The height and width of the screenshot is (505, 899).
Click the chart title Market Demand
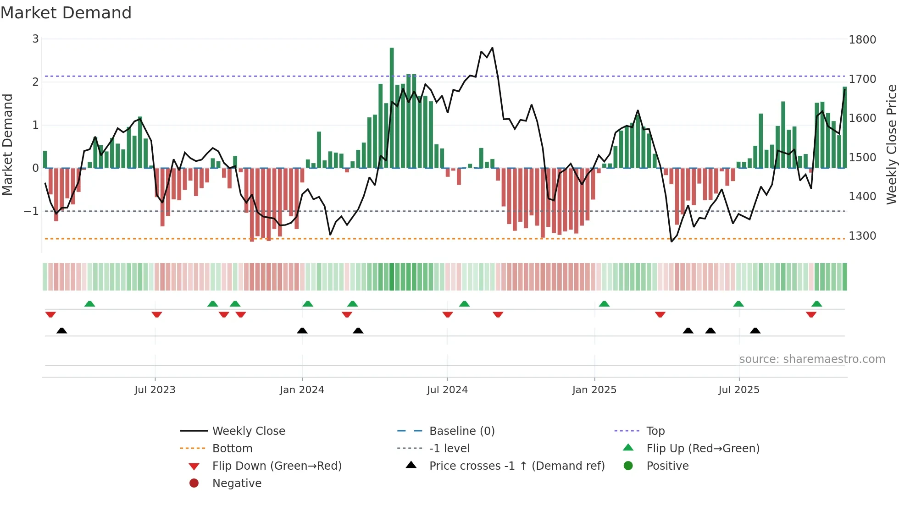pos(66,12)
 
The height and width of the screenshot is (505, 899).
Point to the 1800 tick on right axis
pos(862,40)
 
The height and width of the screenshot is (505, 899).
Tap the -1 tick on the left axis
pos(31,211)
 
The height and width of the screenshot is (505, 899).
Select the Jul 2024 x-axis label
pos(447,390)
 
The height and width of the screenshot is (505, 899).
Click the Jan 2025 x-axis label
pos(594,390)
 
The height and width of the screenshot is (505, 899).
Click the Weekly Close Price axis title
pos(891,144)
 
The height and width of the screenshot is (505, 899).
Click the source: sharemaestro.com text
pos(812,359)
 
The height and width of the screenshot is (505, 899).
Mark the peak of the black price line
pos(492,48)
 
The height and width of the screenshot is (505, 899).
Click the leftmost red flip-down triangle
pos(50,314)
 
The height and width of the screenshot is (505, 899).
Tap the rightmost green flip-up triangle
pos(816,304)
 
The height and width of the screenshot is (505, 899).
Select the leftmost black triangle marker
pos(61,330)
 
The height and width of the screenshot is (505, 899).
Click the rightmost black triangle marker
pos(755,330)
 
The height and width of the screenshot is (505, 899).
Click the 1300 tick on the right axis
pos(862,236)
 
